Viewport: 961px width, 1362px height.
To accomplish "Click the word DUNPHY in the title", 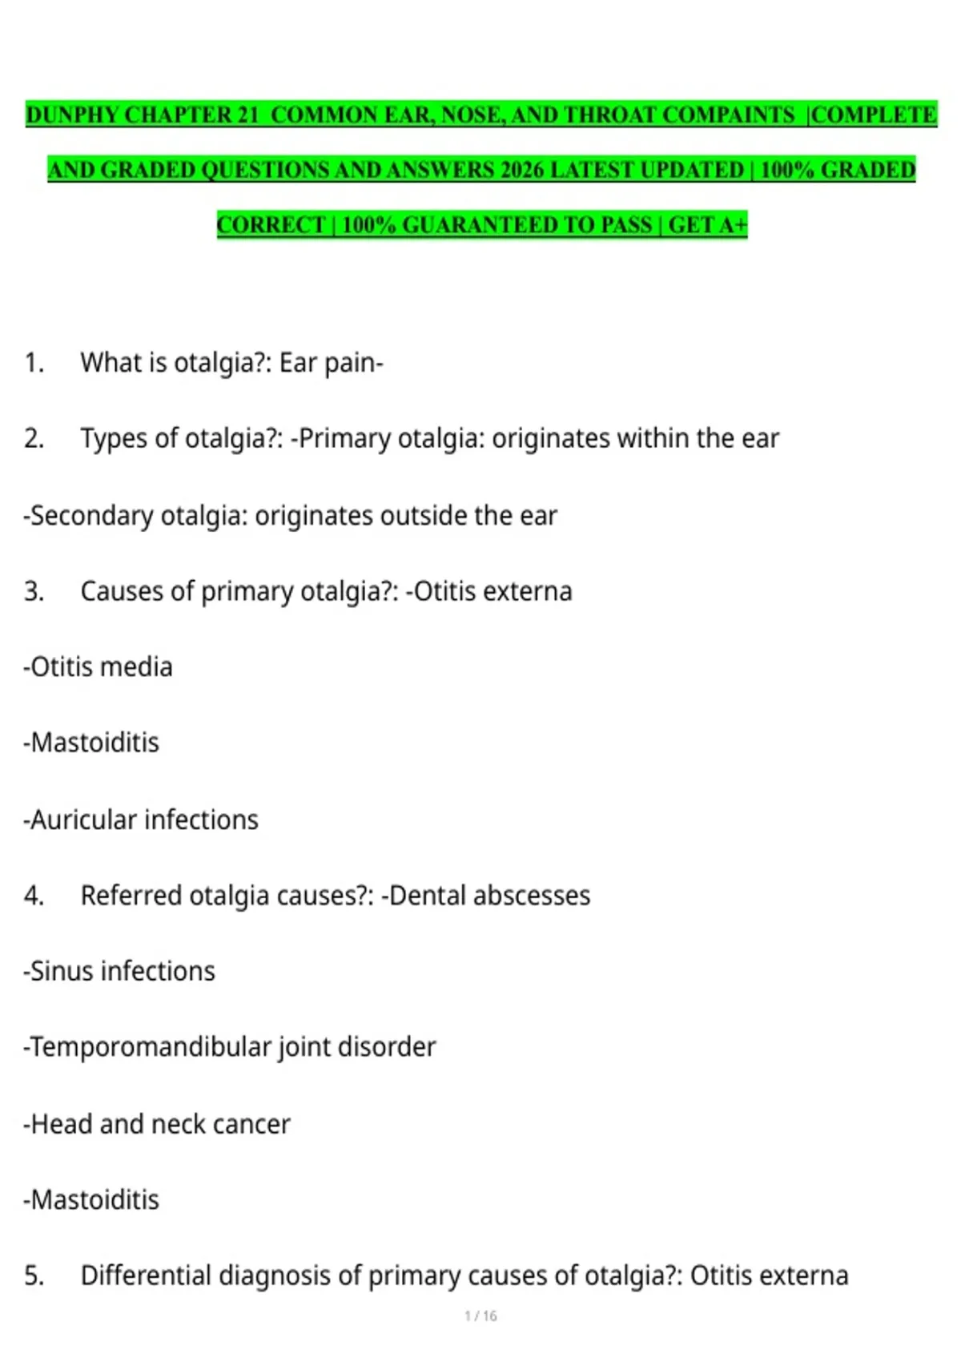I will [72, 115].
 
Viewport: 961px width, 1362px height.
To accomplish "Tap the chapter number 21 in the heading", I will [247, 115].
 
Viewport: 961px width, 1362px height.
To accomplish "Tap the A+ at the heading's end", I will [734, 225].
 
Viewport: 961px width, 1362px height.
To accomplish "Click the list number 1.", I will [34, 363].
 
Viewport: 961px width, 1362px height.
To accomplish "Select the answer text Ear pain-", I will [331, 363].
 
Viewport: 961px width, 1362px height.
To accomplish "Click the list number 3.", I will [34, 591].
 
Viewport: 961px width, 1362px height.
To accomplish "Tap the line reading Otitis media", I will [99, 667].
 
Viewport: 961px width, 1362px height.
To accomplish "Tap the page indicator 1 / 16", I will [480, 1316].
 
